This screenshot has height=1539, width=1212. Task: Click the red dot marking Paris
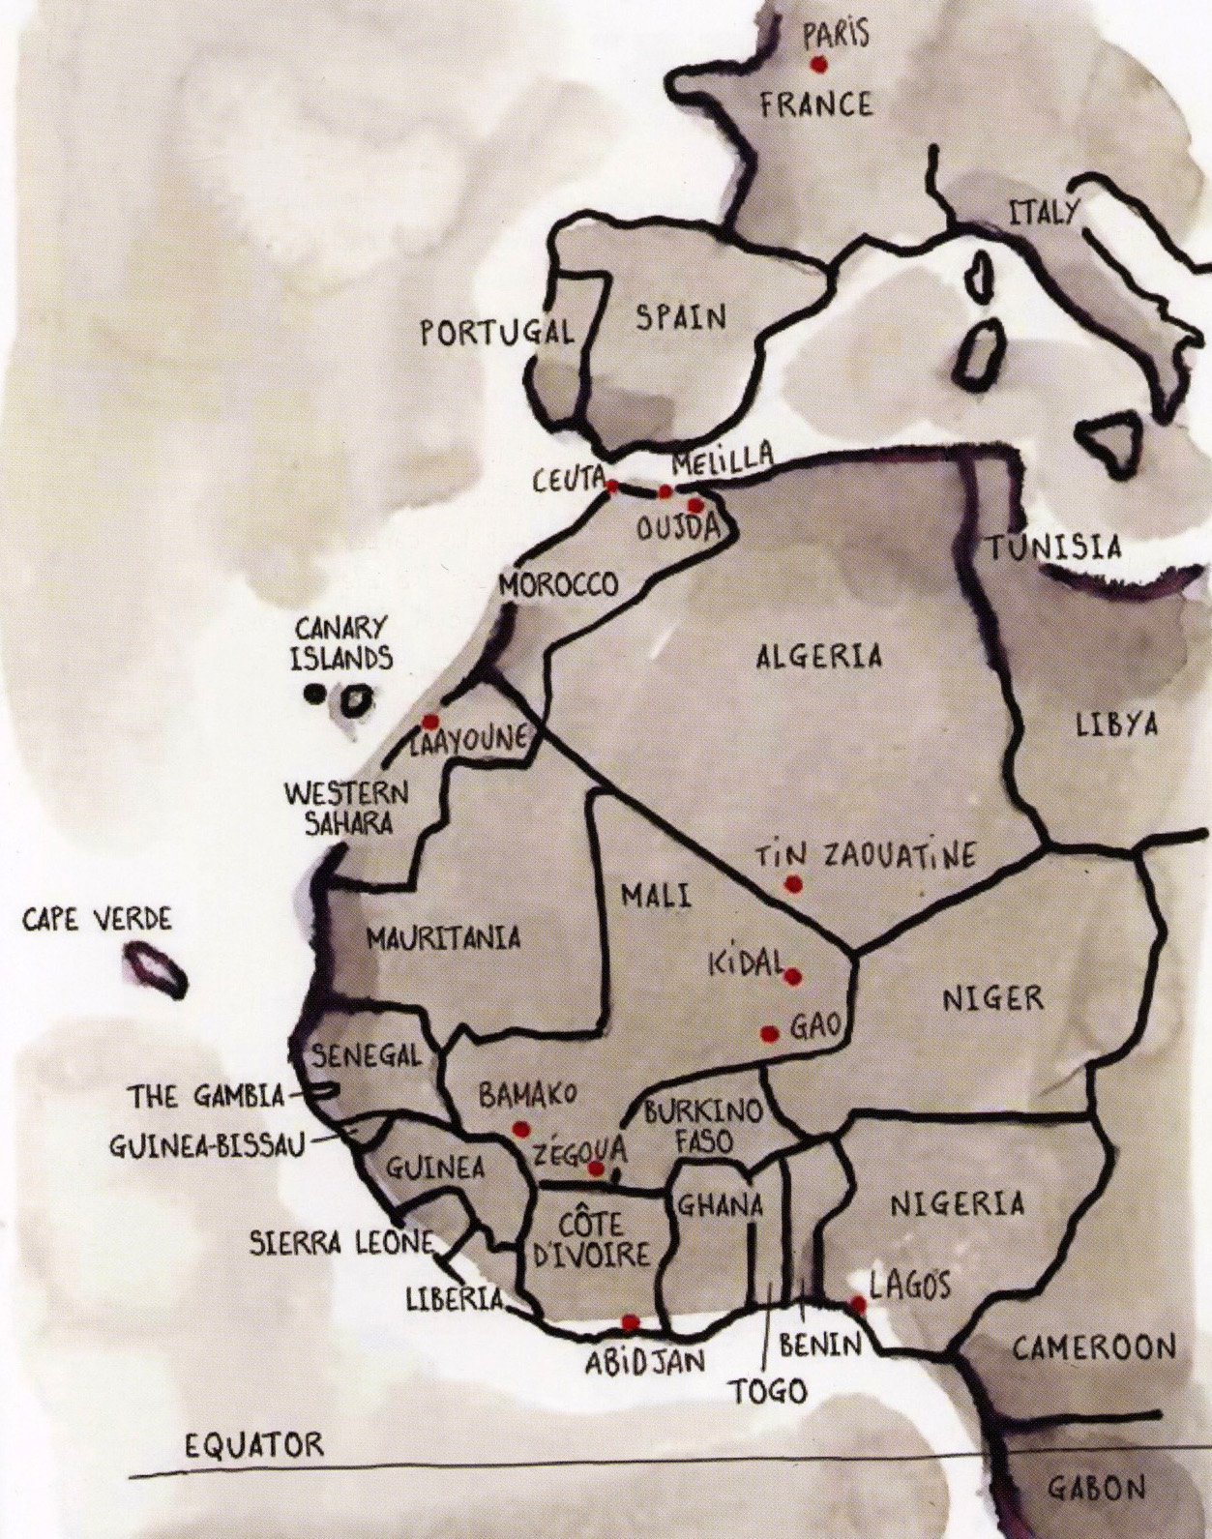[x=819, y=65]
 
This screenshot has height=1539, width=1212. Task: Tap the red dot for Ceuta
[x=611, y=486]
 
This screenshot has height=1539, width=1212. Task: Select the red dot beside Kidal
[x=793, y=976]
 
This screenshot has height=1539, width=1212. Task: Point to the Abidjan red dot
[x=630, y=1321]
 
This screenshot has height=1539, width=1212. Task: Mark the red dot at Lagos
[x=858, y=1305]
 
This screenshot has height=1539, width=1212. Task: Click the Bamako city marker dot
[x=520, y=1128]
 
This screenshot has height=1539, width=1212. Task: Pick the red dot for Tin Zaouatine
[x=794, y=882]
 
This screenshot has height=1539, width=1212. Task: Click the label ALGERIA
[x=818, y=658]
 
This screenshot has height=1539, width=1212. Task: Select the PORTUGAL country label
[x=496, y=334]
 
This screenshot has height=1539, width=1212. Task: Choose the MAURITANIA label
[x=443, y=937]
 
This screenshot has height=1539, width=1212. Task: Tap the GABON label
[x=1098, y=1515]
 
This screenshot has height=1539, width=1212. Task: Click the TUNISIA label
[x=1054, y=548]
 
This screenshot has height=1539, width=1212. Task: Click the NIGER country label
[x=993, y=998]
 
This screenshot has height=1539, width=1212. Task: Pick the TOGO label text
[x=768, y=1391]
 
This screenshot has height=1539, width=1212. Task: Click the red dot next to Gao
[x=770, y=1033]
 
